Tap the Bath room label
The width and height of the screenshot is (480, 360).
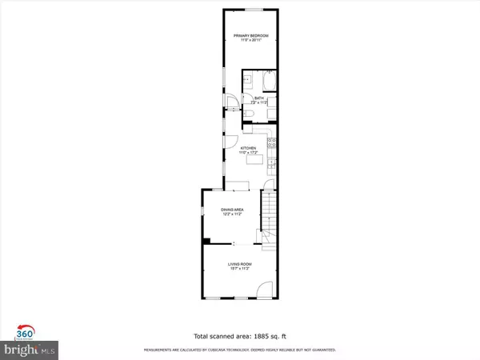coord(258,98)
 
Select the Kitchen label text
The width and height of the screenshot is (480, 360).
coord(248,148)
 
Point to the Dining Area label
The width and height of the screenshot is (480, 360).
coord(232,209)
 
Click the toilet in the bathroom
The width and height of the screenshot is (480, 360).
coord(250,116)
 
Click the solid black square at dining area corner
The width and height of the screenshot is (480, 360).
coord(207,241)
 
